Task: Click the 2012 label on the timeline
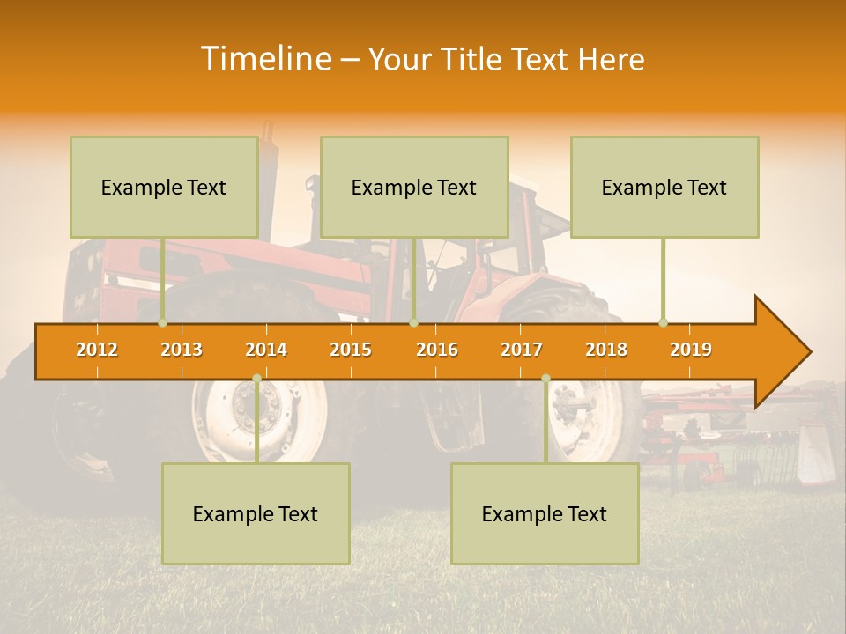97,350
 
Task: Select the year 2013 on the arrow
182,350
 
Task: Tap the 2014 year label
266,350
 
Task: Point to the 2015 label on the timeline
351,350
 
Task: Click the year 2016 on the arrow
437,350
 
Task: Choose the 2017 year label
522,350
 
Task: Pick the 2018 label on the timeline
606,350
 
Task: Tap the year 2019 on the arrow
691,350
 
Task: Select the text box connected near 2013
164,187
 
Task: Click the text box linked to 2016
414,187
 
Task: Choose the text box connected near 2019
664,187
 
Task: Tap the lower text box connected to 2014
256,513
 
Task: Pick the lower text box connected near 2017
545,513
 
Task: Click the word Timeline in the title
264,59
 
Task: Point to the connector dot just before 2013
162,323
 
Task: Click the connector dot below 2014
256,379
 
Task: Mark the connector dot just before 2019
663,323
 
